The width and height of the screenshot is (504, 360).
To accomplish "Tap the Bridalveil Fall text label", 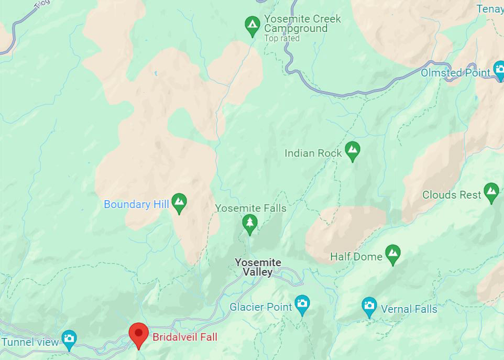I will [184, 337].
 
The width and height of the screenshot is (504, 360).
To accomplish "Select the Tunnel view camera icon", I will [69, 340].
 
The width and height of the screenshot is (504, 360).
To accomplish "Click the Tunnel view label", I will [30, 342].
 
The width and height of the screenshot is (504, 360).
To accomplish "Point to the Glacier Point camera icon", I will [302, 304].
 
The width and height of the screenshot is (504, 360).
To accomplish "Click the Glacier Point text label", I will [260, 307].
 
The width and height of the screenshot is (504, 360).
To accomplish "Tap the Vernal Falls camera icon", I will [369, 306].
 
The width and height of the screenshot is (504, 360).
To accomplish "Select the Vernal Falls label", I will [409, 309].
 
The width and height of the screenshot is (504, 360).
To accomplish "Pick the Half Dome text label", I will [356, 257].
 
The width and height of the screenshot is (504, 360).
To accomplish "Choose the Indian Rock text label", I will [313, 153].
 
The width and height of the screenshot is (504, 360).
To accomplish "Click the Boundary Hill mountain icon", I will [180, 202].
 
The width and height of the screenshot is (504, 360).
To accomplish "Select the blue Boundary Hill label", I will [136, 204].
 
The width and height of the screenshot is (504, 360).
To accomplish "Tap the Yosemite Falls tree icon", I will [250, 223].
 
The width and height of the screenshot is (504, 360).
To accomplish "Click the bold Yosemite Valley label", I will [258, 267].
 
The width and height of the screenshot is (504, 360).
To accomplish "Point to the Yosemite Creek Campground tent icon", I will [253, 25].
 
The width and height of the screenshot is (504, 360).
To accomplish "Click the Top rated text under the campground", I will [282, 38].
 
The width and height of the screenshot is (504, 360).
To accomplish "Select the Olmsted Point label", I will [455, 73].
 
